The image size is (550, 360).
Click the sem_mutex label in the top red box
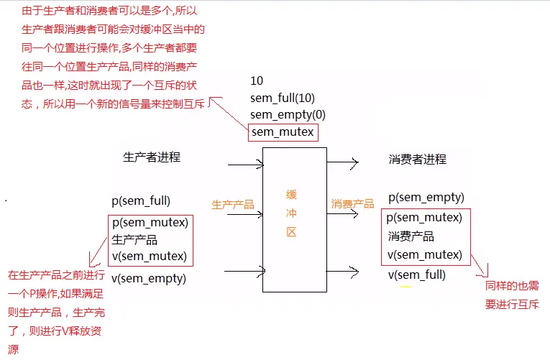283,132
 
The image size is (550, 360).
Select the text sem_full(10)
283,97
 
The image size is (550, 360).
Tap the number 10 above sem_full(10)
257,80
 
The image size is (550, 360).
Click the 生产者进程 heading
152,157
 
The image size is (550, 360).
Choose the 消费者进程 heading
417,159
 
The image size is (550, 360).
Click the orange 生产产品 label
232,205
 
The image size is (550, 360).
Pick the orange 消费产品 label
352,204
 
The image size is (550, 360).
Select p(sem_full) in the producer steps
141,201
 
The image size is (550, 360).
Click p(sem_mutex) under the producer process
150,222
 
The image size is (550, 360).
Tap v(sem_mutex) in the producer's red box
150,256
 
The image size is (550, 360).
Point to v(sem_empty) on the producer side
149,278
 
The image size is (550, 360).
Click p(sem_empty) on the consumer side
426,198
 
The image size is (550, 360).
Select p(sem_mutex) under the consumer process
424,217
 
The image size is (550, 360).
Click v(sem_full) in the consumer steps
417,274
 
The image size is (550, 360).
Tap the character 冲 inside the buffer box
291,213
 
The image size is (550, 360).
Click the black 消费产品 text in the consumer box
411,236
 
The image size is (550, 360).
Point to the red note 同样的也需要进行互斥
512,295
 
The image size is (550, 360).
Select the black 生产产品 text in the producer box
134,239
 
